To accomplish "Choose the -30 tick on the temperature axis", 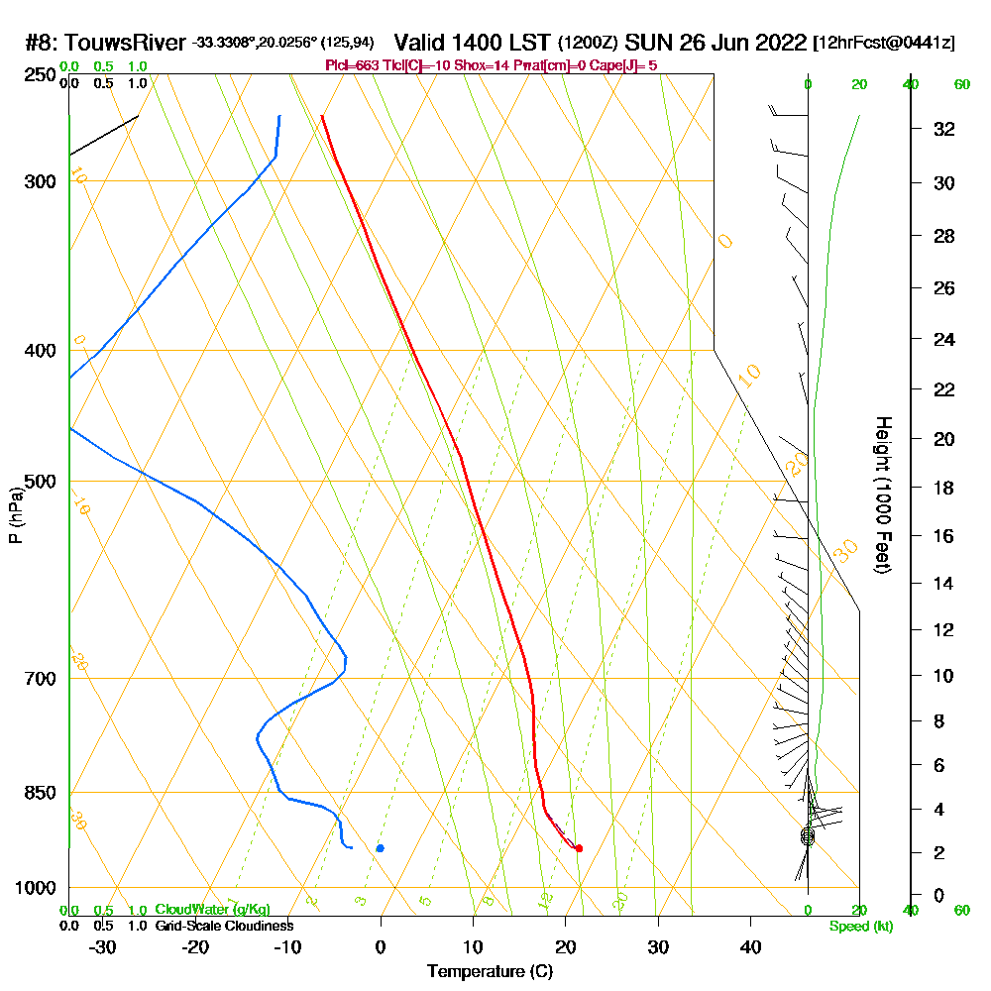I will pos(103,946).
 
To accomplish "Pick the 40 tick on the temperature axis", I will pos(750,946).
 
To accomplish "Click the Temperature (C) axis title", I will pos(490,971).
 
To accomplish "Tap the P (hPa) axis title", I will pos(15,515).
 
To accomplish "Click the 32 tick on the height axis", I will pos(944,129).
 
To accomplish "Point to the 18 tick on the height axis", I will pos(944,488).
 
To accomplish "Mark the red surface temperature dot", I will pos(579,848).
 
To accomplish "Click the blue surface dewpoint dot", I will pos(381,848).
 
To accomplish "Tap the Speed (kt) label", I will pos(859,926).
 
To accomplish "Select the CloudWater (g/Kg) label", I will pos(212,909).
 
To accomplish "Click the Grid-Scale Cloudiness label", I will pos(224,926).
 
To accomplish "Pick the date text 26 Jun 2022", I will pos(728,43).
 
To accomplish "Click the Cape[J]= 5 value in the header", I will pos(623,65).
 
